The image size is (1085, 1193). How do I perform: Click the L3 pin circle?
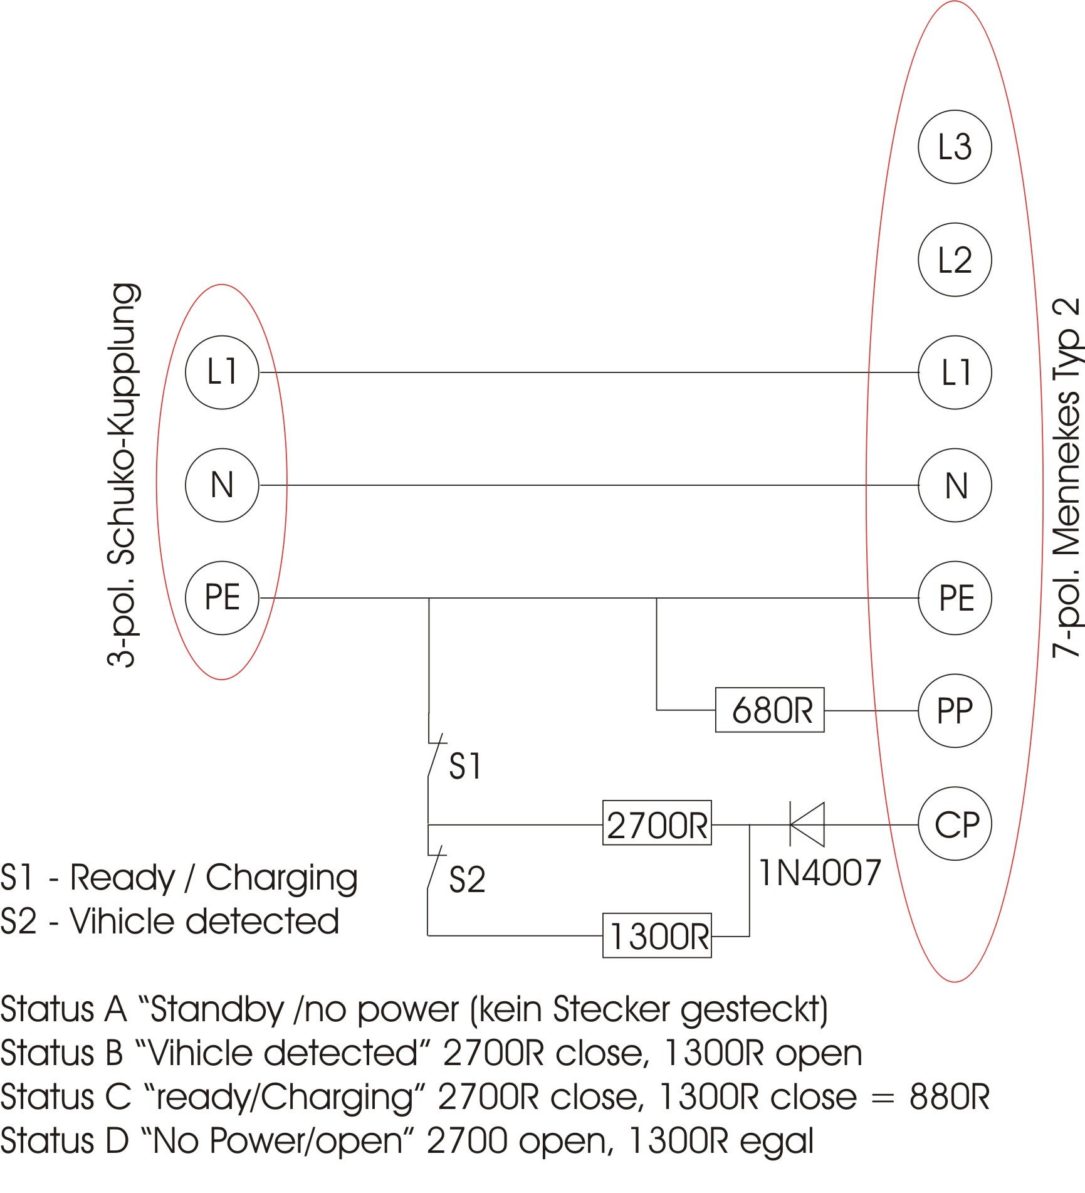click(x=954, y=147)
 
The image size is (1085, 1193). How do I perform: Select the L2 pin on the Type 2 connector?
click(x=954, y=260)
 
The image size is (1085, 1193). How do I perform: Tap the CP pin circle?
click(x=954, y=824)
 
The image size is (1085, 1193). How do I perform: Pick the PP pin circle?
click(x=954, y=711)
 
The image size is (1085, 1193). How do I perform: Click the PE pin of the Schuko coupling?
click(x=222, y=597)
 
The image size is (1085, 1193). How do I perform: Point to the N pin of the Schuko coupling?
click(x=222, y=485)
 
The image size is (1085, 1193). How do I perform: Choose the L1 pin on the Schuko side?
click(x=222, y=372)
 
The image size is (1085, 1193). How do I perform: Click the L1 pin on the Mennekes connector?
click(x=954, y=372)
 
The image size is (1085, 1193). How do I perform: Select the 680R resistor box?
click(x=770, y=710)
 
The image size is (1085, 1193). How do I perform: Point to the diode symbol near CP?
click(x=807, y=824)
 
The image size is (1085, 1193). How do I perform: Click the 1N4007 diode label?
click(x=820, y=873)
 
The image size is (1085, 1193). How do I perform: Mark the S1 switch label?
click(x=465, y=766)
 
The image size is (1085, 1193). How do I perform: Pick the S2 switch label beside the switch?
click(x=467, y=880)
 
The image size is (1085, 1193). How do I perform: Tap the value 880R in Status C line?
click(x=949, y=1096)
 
